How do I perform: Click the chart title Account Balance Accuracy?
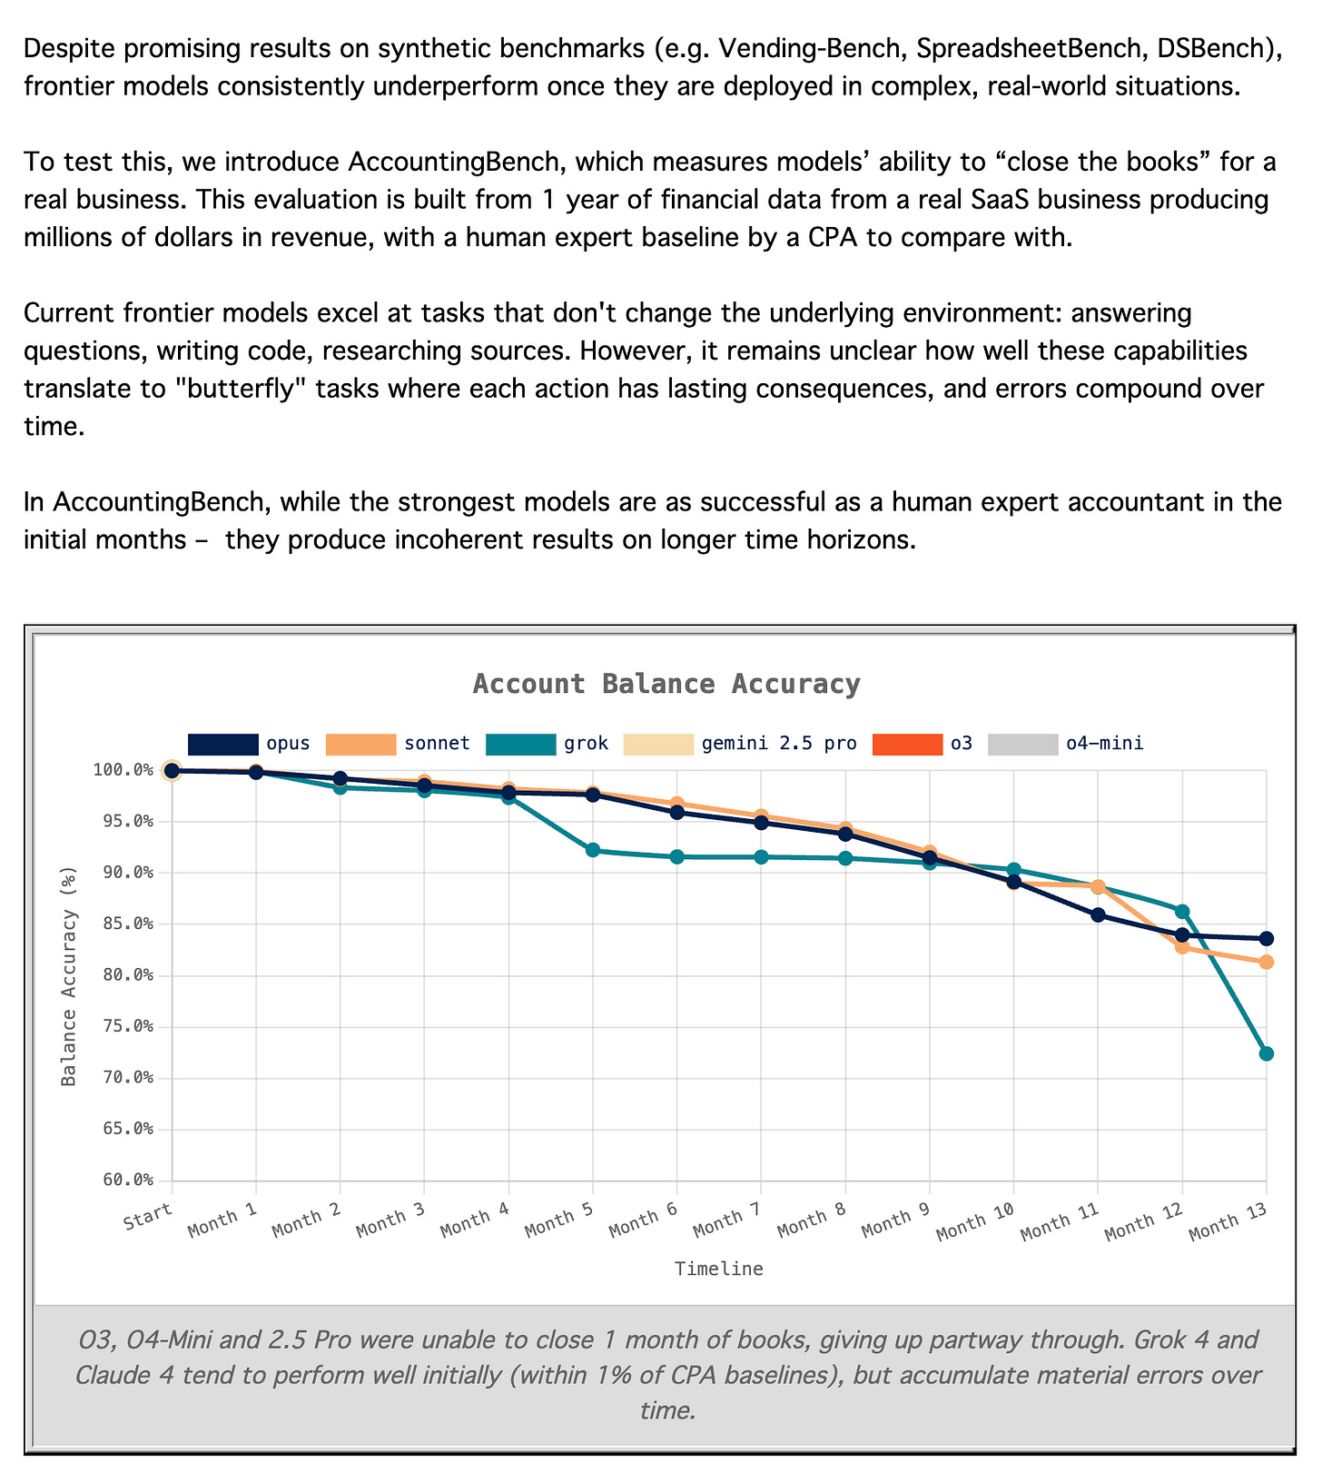[x=666, y=684]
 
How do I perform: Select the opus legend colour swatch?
[x=223, y=744]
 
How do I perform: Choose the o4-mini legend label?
[x=1104, y=744]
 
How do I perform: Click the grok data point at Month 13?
[x=1266, y=1053]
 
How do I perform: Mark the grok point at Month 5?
[x=593, y=850]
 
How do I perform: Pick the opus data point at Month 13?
[x=1266, y=938]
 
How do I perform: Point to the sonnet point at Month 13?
[x=1266, y=962]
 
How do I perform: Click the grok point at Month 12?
[x=1182, y=911]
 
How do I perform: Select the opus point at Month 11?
[x=1098, y=914]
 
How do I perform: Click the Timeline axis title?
[x=718, y=1270]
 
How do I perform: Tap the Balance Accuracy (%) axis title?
[x=69, y=975]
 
